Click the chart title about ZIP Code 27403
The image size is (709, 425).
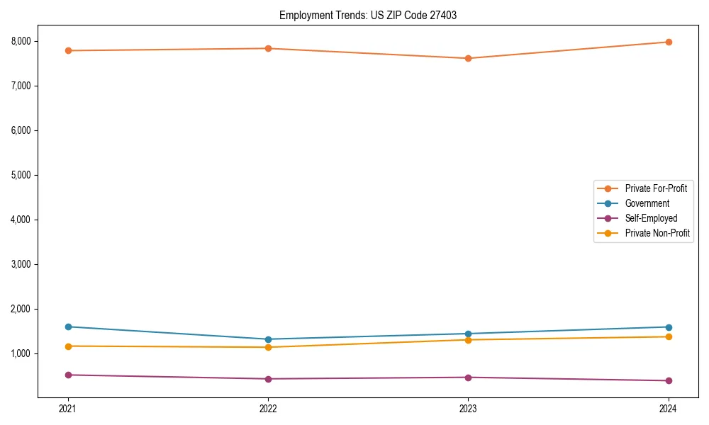pyautogui.click(x=368, y=15)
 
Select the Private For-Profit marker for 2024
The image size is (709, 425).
pyautogui.click(x=669, y=42)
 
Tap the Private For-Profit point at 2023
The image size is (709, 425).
pyautogui.click(x=468, y=58)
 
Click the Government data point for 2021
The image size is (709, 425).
pyautogui.click(x=68, y=327)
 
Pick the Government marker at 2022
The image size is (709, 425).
pyautogui.click(x=268, y=339)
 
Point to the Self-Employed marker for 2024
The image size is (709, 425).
pyautogui.click(x=669, y=380)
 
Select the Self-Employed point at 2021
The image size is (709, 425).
pyautogui.click(x=68, y=375)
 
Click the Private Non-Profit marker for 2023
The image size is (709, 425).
pyautogui.click(x=468, y=340)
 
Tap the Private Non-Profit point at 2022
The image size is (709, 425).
pyautogui.click(x=268, y=347)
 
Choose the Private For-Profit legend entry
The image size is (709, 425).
pyautogui.click(x=655, y=188)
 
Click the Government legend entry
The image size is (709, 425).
pyautogui.click(x=647, y=203)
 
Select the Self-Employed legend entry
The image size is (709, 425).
pyautogui.click(x=651, y=218)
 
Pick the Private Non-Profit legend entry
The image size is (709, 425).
pyautogui.click(x=657, y=233)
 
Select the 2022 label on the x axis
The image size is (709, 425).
pyautogui.click(x=268, y=408)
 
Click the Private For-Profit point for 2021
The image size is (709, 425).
pyautogui.click(x=68, y=50)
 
